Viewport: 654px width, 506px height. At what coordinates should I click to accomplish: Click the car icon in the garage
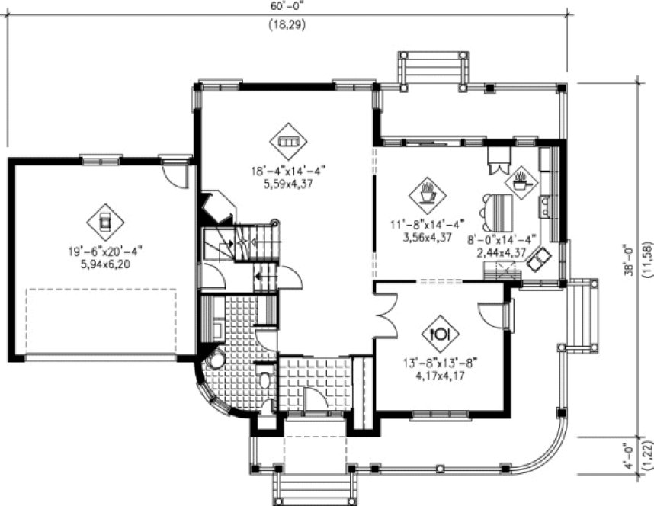[105, 222]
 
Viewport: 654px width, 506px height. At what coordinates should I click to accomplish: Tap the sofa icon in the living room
[288, 142]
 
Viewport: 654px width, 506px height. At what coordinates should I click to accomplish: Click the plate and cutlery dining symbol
[442, 333]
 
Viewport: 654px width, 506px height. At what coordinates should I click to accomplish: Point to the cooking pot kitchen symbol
[522, 182]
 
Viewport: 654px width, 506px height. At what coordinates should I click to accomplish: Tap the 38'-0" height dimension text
[630, 262]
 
